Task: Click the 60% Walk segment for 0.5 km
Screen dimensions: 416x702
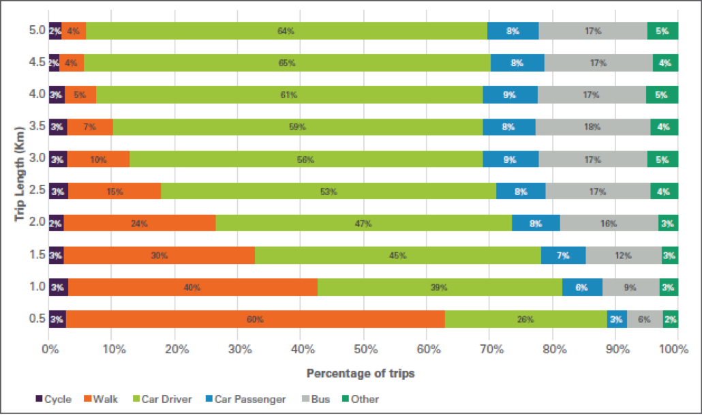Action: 255,319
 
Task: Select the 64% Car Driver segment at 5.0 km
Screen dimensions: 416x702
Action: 286,31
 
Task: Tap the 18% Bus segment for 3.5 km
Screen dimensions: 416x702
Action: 592,127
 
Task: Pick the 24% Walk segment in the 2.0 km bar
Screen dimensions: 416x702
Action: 140,223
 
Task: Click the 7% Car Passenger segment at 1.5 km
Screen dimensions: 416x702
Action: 563,255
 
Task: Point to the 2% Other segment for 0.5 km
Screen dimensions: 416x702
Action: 671,319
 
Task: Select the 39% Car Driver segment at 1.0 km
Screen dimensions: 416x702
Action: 440,287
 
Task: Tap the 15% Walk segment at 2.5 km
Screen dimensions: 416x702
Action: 115,191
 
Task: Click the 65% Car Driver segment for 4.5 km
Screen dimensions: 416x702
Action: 286,63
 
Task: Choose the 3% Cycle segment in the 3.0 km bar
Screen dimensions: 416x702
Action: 58,159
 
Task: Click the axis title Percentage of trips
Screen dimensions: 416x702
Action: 361,373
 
